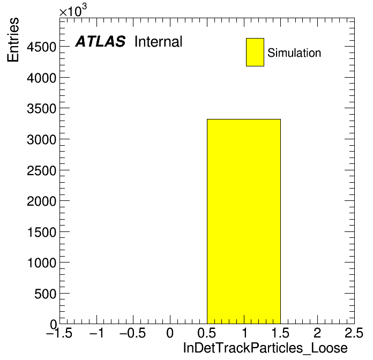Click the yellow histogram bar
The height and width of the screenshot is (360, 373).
[244, 221]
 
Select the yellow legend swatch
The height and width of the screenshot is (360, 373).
[255, 52]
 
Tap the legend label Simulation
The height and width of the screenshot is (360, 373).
[294, 53]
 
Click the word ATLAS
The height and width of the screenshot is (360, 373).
[100, 41]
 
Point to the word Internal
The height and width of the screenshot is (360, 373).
[159, 41]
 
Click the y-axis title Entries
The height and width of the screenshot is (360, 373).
[13, 40]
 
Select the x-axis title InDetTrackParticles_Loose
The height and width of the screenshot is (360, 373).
[265, 348]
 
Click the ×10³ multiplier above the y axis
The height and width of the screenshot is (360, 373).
[73, 11]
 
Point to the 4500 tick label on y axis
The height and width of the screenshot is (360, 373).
[41, 47]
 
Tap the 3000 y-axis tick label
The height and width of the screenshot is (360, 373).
[41, 140]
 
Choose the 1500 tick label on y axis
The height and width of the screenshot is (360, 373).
[42, 232]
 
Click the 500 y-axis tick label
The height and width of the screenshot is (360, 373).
[45, 294]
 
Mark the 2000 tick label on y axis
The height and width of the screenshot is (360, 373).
[41, 201]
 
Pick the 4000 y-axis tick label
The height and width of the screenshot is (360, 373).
[41, 78]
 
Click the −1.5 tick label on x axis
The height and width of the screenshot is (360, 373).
[59, 333]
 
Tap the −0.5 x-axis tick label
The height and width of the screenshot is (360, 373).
[132, 333]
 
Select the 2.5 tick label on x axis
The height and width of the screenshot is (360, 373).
[354, 333]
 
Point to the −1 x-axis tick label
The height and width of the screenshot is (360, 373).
[96, 333]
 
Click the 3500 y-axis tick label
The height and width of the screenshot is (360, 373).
[41, 109]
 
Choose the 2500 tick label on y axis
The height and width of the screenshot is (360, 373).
[41, 170]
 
